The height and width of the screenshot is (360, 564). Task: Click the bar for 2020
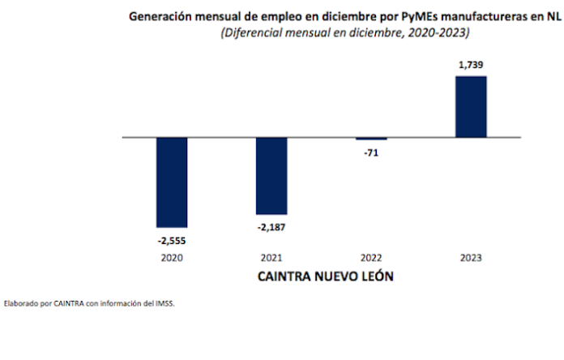pyautogui.click(x=172, y=182)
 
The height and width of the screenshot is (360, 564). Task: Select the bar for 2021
pyautogui.click(x=271, y=175)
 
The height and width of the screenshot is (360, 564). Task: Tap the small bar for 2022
pyautogui.click(x=371, y=139)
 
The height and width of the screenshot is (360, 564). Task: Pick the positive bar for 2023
pyautogui.click(x=471, y=106)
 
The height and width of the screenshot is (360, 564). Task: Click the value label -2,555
pyautogui.click(x=172, y=239)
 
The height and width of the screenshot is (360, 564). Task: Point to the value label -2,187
pyautogui.click(x=271, y=226)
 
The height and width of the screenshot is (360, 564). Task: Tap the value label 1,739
pyautogui.click(x=471, y=63)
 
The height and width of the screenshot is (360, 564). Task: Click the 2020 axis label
pyautogui.click(x=172, y=258)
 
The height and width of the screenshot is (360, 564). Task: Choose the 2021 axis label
pyautogui.click(x=271, y=258)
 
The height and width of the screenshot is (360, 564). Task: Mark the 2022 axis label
pyautogui.click(x=371, y=258)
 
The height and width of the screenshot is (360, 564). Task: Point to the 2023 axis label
pyautogui.click(x=471, y=258)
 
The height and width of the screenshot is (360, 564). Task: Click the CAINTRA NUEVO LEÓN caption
pyautogui.click(x=321, y=276)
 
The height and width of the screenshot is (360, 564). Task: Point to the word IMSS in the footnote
pyautogui.click(x=164, y=305)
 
